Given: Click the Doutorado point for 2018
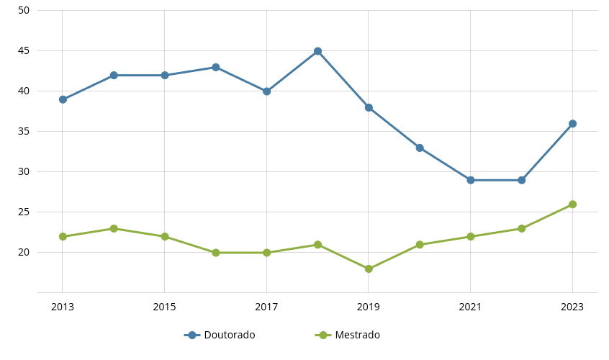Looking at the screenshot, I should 317,51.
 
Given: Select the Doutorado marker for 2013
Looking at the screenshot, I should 63,99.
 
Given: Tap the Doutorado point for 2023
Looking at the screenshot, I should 572,124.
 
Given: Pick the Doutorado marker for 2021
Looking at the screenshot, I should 471,180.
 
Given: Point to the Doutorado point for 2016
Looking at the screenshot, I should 215,67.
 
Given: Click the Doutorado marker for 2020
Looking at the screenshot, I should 420,148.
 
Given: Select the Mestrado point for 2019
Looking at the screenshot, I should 369,269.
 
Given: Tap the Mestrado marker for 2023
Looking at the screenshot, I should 572,204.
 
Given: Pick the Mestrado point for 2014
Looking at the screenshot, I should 114,228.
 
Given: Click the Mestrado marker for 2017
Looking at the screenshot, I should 266,253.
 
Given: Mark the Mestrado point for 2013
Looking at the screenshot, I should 63,236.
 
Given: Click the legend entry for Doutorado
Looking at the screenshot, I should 220,335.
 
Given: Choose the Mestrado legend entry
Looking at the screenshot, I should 348,335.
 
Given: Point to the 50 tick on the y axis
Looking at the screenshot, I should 24,10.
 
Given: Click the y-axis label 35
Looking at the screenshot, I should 24,131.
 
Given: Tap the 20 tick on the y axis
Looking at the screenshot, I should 24,252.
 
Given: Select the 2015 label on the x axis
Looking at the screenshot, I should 164,307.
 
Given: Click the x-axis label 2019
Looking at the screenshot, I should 369,307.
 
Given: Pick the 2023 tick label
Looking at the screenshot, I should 572,307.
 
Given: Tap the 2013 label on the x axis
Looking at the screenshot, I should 63,307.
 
